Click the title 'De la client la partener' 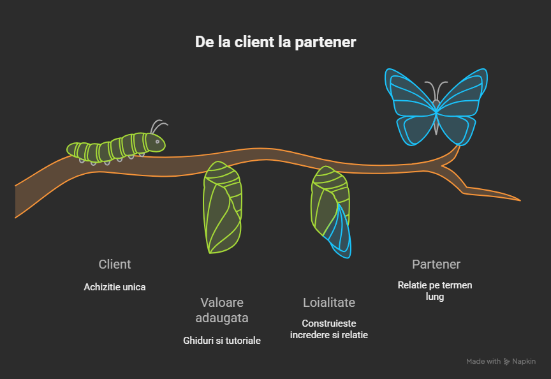pyautogui.click(x=275, y=42)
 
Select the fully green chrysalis pyautogui.click(x=223, y=207)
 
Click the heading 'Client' pyautogui.click(x=115, y=264)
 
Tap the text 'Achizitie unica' pyautogui.click(x=115, y=287)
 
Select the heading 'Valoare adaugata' pyautogui.click(x=222, y=310)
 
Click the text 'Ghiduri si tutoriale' pyautogui.click(x=222, y=341)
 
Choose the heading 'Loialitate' pyautogui.click(x=329, y=302)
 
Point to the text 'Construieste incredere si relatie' pyautogui.click(x=329, y=329)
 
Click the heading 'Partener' pyautogui.click(x=436, y=264)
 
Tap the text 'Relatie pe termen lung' pyautogui.click(x=435, y=291)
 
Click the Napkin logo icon pyautogui.click(x=507, y=362)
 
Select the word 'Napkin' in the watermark pyautogui.click(x=524, y=362)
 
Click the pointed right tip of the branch pyautogui.click(x=519, y=200)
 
